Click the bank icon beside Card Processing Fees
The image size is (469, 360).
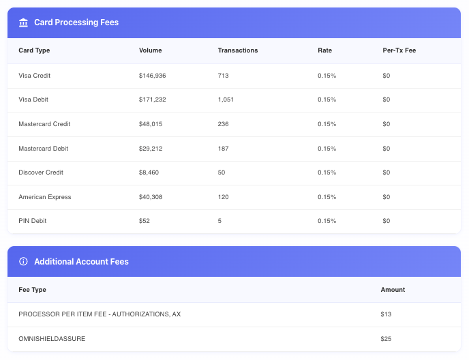(23, 22)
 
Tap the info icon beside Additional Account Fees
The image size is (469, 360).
(23, 261)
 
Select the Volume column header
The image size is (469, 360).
(150, 50)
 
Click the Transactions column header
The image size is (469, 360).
(237, 50)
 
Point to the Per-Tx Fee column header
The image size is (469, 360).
(399, 50)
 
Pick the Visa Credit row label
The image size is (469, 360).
(35, 76)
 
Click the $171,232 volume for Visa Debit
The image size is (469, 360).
(152, 100)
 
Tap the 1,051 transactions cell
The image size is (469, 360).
(226, 100)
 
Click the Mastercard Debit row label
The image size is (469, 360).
(43, 149)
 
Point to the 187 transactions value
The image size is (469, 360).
(224, 149)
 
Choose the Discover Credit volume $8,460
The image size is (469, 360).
(149, 172)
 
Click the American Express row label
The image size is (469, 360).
(45, 197)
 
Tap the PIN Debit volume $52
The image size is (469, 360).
(144, 221)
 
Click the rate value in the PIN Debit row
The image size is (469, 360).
(327, 221)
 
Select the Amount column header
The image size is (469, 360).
(393, 290)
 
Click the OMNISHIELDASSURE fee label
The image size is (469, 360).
(51, 338)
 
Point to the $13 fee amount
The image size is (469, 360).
(385, 314)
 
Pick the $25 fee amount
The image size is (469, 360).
(386, 338)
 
